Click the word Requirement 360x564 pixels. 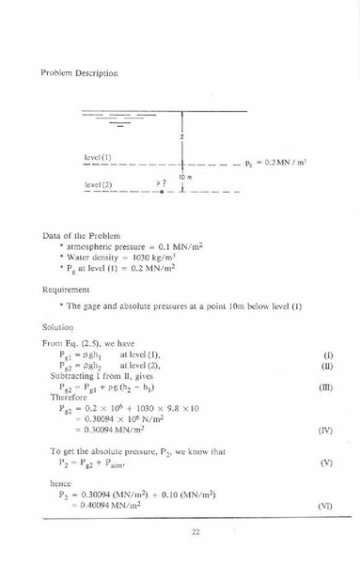pyautogui.click(x=68, y=291)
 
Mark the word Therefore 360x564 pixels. pyautogui.click(x=69, y=397)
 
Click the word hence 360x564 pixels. pyautogui.click(x=59, y=482)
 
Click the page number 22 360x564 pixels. pyautogui.click(x=196, y=532)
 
